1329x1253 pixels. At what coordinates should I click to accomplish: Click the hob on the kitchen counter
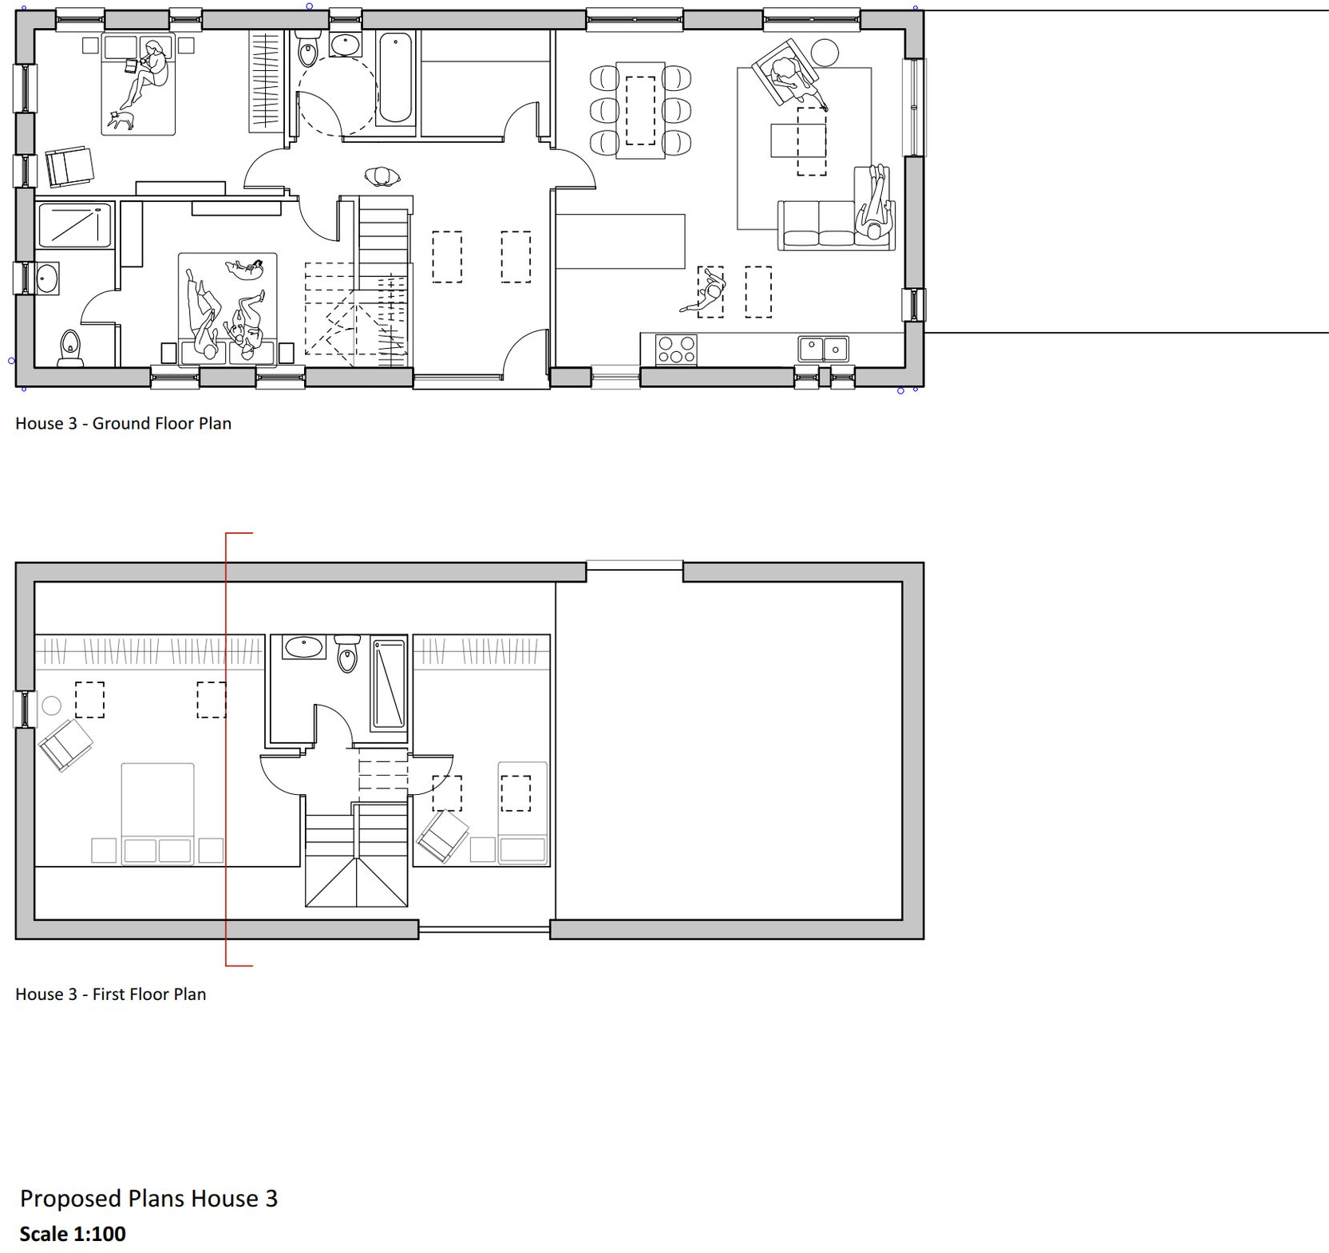pyautogui.click(x=675, y=349)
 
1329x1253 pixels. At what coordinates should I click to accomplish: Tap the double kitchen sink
pyautogui.click(x=823, y=349)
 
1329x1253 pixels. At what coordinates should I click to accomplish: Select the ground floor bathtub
pyautogui.click(x=395, y=78)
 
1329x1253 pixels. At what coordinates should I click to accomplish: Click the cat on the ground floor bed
pyautogui.click(x=121, y=120)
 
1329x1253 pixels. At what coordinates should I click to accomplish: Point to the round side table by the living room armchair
pyautogui.click(x=825, y=53)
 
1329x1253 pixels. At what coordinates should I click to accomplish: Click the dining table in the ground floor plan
pyautogui.click(x=640, y=110)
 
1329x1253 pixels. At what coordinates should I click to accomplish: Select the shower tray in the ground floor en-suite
pyautogui.click(x=74, y=224)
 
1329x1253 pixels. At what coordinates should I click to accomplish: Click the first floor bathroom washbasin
pyautogui.click(x=304, y=646)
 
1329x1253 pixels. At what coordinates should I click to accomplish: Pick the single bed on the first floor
pyautogui.click(x=523, y=812)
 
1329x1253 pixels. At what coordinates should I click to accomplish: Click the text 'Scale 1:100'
pyautogui.click(x=73, y=1234)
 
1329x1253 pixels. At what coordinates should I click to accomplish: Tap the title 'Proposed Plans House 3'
pyautogui.click(x=148, y=1198)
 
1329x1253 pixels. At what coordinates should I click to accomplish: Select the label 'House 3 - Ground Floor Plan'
pyautogui.click(x=123, y=423)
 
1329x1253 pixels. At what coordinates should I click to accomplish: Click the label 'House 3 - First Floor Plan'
pyautogui.click(x=110, y=994)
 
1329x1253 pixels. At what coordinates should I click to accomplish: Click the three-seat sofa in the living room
pyautogui.click(x=821, y=226)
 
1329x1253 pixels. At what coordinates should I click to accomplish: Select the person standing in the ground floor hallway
pyautogui.click(x=382, y=176)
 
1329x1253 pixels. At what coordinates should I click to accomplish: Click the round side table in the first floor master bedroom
pyautogui.click(x=51, y=705)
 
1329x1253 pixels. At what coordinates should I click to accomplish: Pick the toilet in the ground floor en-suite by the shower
pyautogui.click(x=70, y=349)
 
